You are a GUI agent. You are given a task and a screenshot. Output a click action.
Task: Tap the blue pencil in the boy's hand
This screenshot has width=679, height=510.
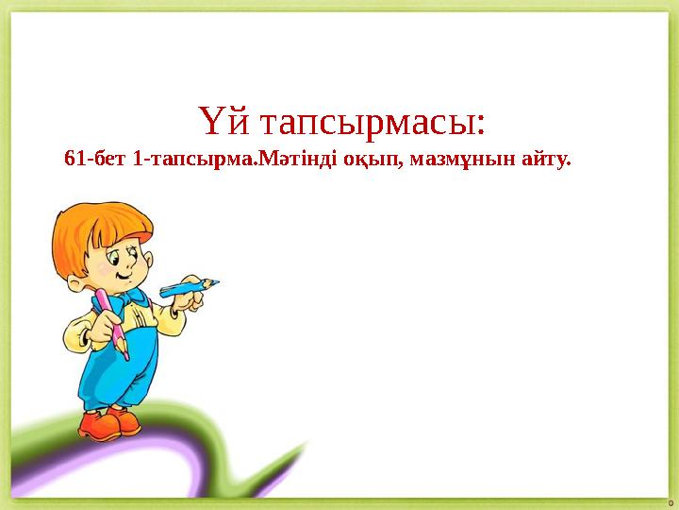pos(188,287)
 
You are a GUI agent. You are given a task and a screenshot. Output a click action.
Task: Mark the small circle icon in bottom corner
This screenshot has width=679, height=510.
pos(671,501)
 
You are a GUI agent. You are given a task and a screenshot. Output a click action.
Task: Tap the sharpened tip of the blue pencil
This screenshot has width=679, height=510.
pos(216,281)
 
